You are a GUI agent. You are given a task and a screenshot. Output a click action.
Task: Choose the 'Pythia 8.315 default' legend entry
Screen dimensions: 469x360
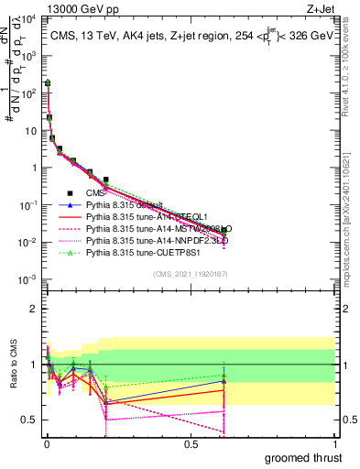coord(124,204)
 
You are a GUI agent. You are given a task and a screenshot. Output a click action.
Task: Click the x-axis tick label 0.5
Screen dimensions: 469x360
coord(191,444)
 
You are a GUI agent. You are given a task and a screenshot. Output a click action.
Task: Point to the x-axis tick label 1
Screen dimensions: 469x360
coord(334,444)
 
